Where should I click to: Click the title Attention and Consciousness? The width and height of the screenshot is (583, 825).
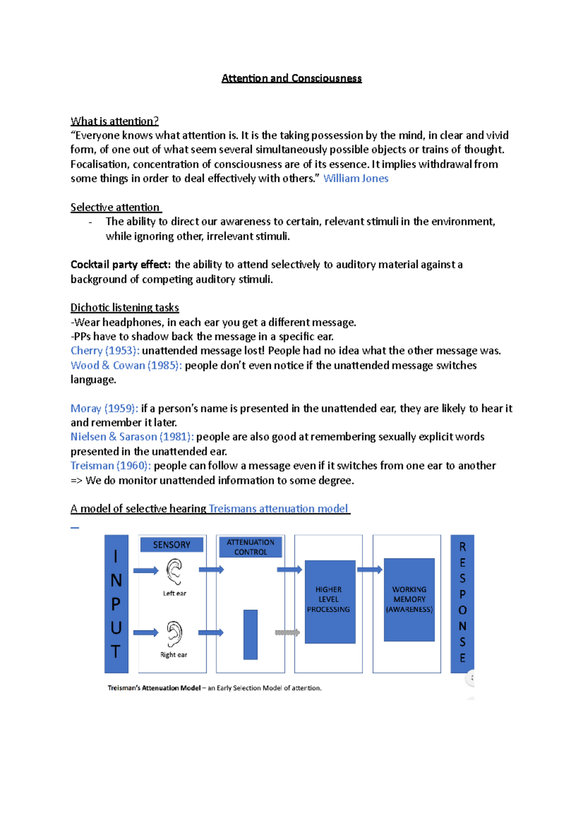tap(291, 78)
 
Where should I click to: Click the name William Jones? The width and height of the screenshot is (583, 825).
tap(356, 178)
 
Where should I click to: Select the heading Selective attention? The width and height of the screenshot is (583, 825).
tap(115, 207)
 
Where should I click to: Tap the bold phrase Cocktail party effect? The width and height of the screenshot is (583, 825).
tap(120, 265)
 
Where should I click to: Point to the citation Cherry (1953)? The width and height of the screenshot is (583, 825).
tap(105, 351)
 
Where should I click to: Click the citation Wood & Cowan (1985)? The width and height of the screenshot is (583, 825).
tap(126, 365)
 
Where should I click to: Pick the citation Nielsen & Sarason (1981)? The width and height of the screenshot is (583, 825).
tap(132, 437)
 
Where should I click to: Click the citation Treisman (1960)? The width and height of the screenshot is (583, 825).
tap(111, 465)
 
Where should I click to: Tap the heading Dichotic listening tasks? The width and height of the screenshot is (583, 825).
tap(125, 308)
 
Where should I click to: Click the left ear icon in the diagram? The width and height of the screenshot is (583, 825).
tap(174, 571)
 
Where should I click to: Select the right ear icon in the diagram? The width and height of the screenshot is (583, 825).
tap(174, 633)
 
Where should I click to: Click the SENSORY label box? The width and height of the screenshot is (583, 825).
tap(171, 545)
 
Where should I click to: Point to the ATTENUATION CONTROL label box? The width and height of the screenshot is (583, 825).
tap(250, 547)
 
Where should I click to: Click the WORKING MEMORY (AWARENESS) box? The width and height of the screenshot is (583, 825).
tap(409, 600)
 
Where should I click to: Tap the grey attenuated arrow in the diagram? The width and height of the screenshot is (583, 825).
tap(287, 633)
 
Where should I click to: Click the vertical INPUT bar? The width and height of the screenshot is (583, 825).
tap(116, 603)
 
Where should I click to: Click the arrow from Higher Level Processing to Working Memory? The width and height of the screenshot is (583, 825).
tap(369, 570)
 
